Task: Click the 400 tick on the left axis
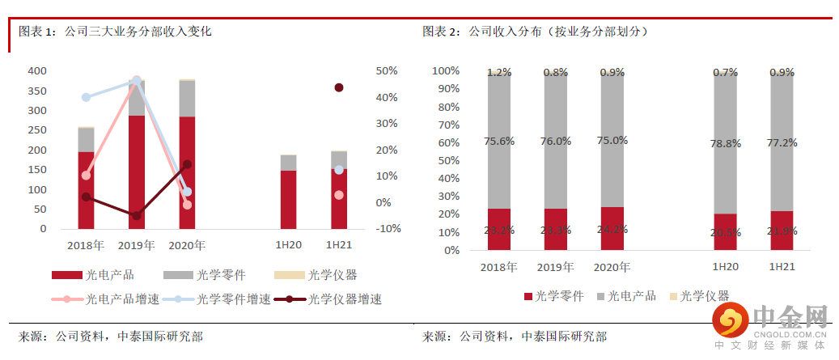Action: (x=36, y=71)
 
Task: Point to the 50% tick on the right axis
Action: (x=388, y=71)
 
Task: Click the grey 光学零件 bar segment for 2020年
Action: (x=187, y=99)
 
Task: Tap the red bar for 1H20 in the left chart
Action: (x=288, y=199)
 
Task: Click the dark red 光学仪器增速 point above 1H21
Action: (x=339, y=87)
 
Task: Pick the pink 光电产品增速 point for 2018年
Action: (x=86, y=176)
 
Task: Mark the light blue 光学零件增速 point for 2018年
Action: (x=86, y=98)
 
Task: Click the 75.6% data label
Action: (x=499, y=141)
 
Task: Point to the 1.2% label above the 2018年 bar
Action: (x=499, y=73)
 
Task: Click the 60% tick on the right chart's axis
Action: (x=447, y=142)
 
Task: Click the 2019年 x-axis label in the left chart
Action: (x=137, y=244)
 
